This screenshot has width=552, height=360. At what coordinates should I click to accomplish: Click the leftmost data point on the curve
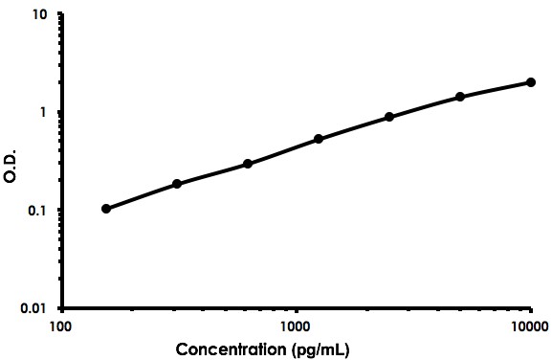click(106, 209)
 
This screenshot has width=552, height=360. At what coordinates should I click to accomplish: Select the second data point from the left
click(177, 184)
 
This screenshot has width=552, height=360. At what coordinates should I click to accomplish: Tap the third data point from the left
click(248, 164)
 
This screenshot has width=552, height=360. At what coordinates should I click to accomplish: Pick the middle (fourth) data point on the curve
click(319, 139)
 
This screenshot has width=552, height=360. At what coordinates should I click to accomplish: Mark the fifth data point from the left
click(389, 117)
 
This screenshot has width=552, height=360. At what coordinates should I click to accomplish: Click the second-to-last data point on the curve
click(460, 97)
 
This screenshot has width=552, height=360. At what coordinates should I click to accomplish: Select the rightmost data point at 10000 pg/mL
click(531, 82)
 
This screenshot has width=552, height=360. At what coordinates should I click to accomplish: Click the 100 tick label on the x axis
click(60, 326)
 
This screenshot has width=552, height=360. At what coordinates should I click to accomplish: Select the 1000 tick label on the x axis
click(296, 326)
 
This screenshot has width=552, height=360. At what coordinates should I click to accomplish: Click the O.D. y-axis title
click(11, 163)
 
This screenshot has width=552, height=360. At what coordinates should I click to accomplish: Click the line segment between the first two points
click(142, 196)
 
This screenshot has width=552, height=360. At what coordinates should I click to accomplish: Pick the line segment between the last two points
click(496, 89)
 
